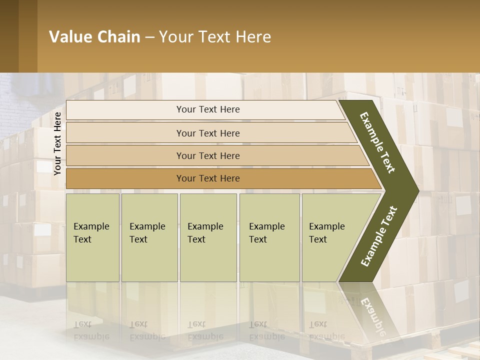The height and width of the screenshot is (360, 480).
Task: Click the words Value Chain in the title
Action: (x=94, y=37)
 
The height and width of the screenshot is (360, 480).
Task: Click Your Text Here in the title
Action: (x=215, y=37)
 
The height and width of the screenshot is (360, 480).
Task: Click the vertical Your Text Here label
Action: (x=57, y=143)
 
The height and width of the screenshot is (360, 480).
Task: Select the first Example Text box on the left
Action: (x=92, y=237)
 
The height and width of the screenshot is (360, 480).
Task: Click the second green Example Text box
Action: (x=149, y=237)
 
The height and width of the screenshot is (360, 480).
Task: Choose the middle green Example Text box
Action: (x=208, y=237)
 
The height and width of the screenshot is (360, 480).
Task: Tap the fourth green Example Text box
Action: (x=269, y=237)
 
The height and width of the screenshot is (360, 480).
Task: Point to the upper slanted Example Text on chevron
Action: (x=377, y=142)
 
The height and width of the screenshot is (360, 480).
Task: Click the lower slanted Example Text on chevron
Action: (x=378, y=236)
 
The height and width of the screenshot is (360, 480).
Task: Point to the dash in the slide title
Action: (x=149, y=37)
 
